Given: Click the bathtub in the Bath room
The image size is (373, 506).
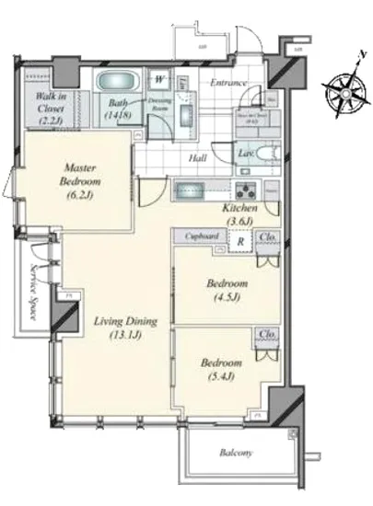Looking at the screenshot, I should coord(120,84).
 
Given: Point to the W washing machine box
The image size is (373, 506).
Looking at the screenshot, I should coord(159,78).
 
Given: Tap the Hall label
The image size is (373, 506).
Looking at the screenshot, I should coord(198,157).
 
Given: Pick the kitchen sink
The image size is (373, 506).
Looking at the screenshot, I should coord(194,191).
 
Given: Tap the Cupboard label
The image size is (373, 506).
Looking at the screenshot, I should coord(201,236).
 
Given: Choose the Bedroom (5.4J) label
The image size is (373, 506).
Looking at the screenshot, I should coord(223,369).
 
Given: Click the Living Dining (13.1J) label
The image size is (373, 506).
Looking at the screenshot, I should coord(125,328).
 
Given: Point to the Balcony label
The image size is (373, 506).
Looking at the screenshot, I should coord(238,453).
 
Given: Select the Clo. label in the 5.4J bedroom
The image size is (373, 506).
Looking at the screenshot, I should coord(267,334).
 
